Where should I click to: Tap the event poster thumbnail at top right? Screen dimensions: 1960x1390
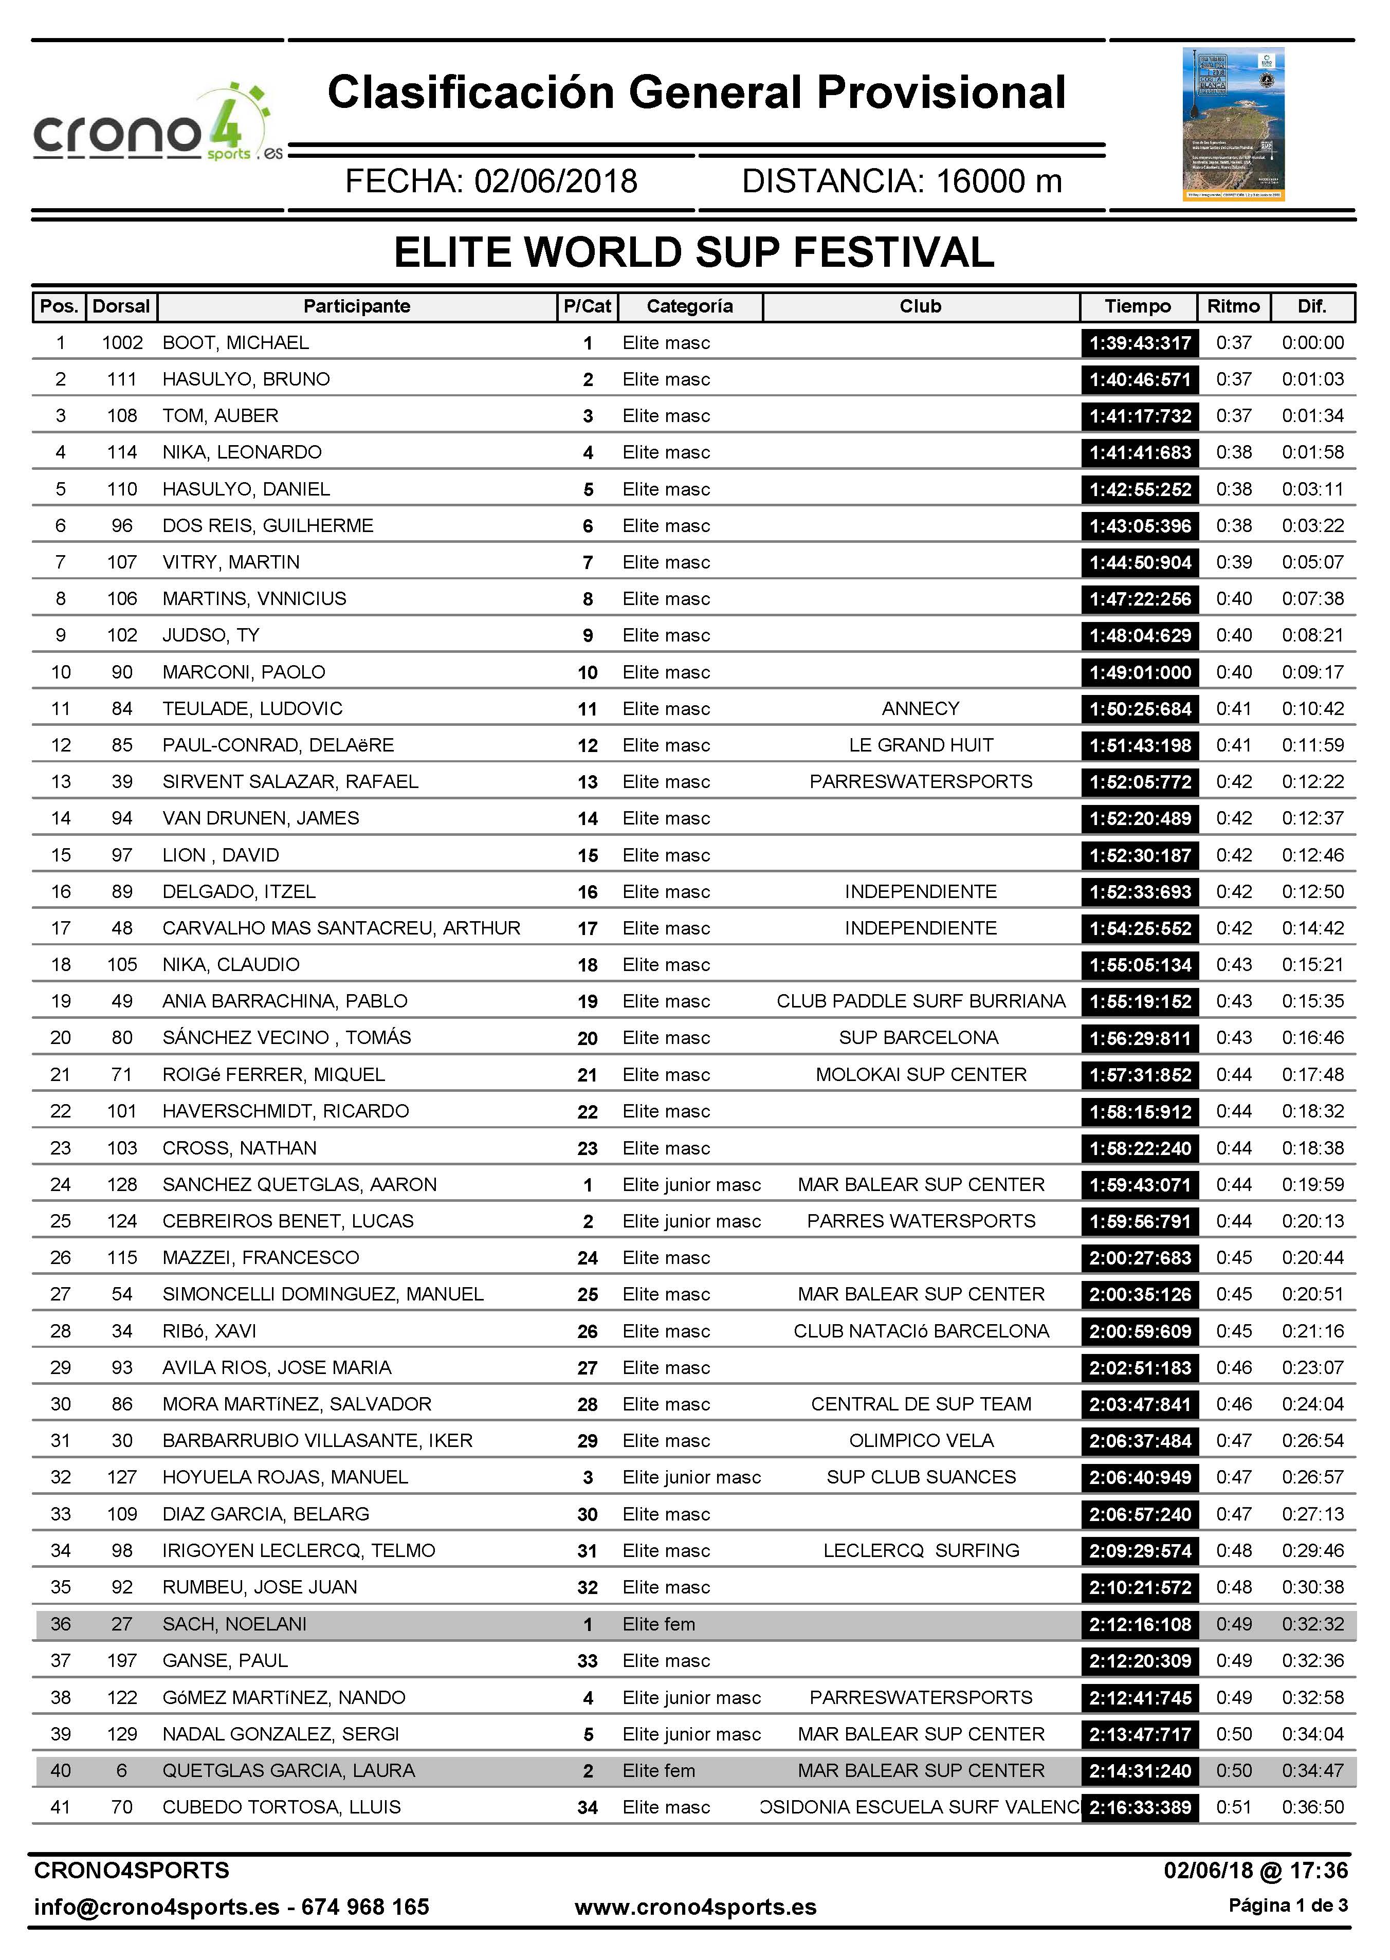[1233, 124]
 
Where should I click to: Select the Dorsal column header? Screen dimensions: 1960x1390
[121, 306]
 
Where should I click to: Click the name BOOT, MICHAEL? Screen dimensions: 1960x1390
[235, 343]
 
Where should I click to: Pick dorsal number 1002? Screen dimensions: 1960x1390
[122, 343]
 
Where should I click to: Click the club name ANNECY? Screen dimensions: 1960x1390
[920, 709]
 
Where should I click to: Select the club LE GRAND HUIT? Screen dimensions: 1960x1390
[920, 745]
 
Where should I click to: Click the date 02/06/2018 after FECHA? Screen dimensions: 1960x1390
[556, 181]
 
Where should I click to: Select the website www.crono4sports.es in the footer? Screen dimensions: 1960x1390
[695, 1907]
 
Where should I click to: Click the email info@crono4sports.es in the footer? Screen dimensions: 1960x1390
[157, 1907]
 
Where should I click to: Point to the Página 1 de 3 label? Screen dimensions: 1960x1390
[1288, 1905]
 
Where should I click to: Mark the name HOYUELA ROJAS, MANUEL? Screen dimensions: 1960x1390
[285, 1477]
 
